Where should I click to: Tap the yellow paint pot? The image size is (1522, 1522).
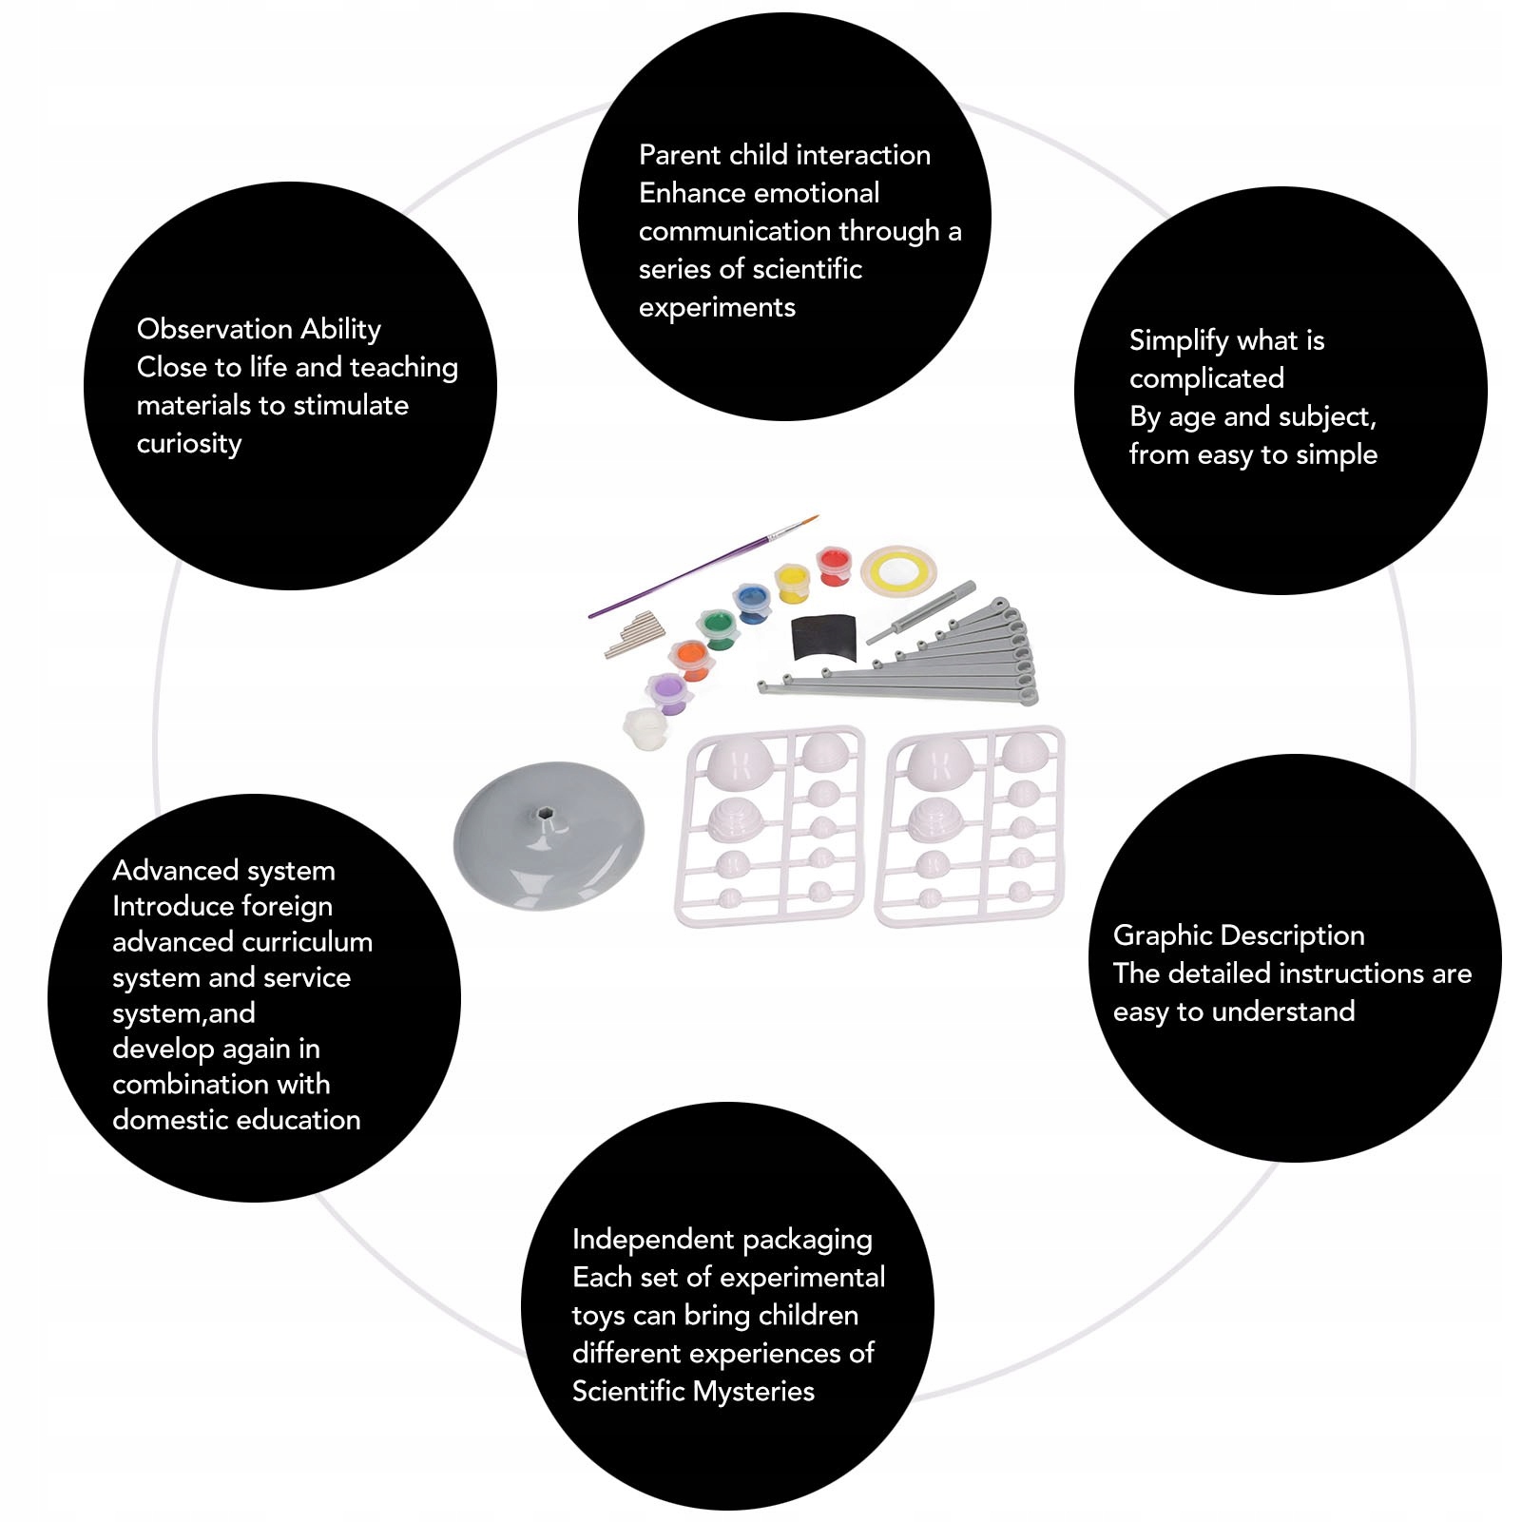point(792,582)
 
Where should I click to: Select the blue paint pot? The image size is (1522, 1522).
point(752,603)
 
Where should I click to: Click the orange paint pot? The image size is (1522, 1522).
point(690,659)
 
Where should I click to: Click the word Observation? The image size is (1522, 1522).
point(215,329)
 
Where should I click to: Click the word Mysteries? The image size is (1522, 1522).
point(753,1392)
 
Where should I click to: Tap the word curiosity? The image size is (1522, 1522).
point(189,444)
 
